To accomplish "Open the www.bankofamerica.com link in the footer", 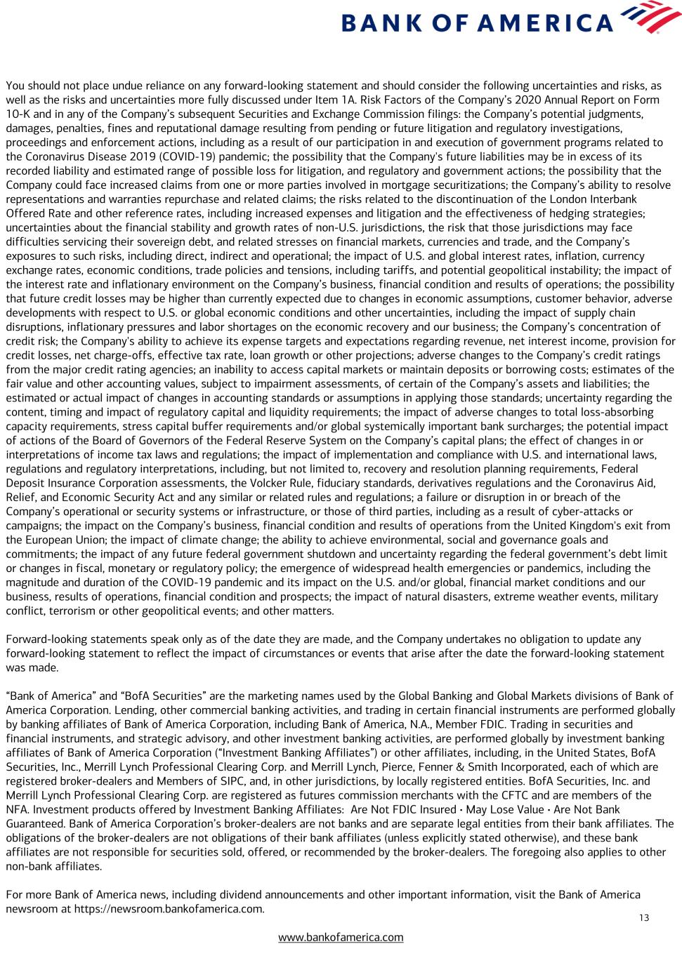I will click(341, 937).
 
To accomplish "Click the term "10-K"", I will click(20, 114).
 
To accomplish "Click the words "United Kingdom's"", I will click(606, 526).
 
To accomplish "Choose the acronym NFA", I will click(17, 809).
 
